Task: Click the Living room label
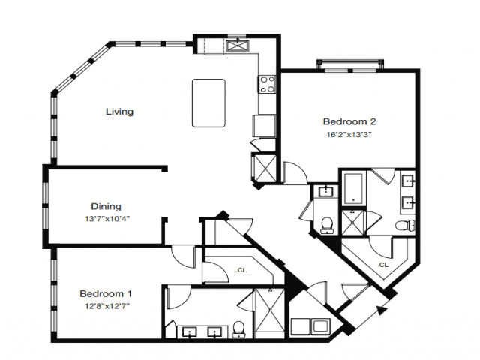tap(120, 112)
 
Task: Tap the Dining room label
tap(106, 207)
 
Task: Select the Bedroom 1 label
tap(106, 293)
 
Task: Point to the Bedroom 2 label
tap(349, 121)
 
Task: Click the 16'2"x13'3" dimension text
tap(349, 135)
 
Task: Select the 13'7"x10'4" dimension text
tap(107, 219)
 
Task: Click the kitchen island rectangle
tap(208, 103)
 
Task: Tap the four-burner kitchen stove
tap(267, 84)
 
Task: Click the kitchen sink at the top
tap(238, 46)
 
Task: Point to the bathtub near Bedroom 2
tap(353, 188)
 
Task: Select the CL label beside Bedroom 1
tap(241, 270)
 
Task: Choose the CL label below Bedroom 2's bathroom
tap(383, 265)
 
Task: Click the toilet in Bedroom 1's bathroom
tap(238, 329)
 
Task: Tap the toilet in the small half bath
tap(327, 226)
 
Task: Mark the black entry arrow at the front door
tap(381, 310)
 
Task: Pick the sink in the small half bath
tap(325, 192)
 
